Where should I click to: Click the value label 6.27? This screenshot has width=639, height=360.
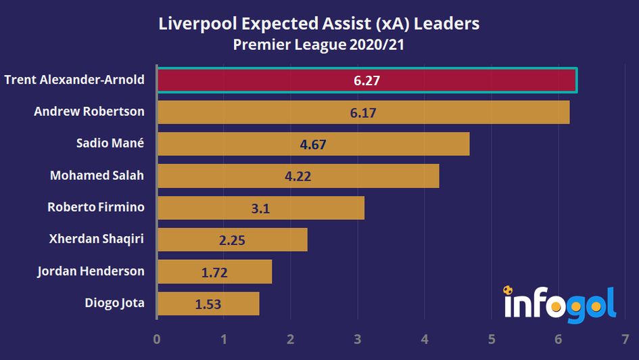click(367, 81)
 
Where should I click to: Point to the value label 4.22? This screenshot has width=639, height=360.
click(298, 176)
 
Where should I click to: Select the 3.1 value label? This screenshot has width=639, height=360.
click(260, 208)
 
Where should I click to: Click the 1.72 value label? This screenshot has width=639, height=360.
click(214, 272)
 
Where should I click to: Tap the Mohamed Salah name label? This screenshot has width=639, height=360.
click(97, 175)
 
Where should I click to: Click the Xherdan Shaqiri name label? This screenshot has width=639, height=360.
click(97, 239)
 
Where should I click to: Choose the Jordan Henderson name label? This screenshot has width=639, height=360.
click(91, 271)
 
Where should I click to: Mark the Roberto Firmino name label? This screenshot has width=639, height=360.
click(95, 207)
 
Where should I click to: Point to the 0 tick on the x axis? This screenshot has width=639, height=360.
click(157, 339)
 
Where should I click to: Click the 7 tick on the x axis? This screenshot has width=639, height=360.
click(624, 339)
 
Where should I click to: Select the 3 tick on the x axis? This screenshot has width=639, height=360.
click(357, 339)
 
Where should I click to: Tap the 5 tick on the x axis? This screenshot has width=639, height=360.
click(491, 339)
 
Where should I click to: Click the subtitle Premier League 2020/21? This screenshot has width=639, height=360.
click(319, 45)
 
